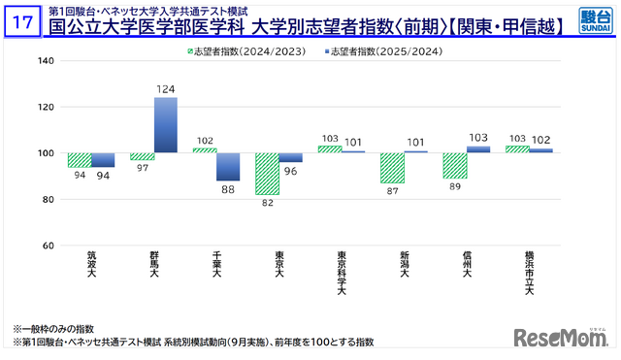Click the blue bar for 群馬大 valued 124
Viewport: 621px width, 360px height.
[166, 125]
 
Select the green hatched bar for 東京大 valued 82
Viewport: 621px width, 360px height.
[267, 174]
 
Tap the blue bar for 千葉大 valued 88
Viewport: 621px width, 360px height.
[228, 167]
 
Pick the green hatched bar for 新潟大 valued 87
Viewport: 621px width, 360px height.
[392, 168]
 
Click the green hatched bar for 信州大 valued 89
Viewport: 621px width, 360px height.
[454, 165]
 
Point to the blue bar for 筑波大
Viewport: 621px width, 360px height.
[103, 160]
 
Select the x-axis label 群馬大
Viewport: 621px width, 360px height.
[154, 264]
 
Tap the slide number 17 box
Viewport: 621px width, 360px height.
[21, 19]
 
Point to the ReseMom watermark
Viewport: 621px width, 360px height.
[560, 338]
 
